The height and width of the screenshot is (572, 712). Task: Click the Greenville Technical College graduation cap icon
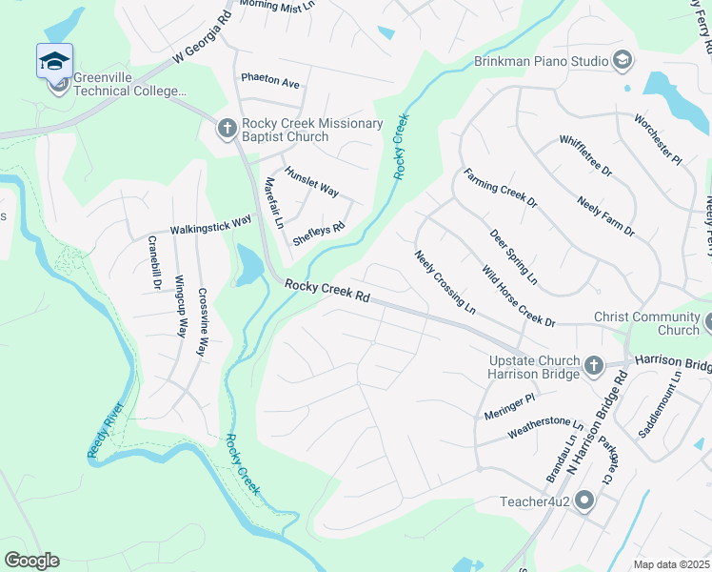coord(55,62)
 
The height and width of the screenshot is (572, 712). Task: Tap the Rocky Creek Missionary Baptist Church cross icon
coord(227,128)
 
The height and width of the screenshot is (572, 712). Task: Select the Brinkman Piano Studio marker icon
coord(622,61)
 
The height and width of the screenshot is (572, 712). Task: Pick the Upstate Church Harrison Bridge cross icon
coord(593,365)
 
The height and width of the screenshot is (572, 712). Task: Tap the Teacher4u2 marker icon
coord(583,500)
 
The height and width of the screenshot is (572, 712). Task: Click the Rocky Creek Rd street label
coord(326,291)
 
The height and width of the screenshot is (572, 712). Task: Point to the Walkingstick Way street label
coord(210,225)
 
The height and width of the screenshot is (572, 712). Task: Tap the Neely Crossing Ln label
coord(445,283)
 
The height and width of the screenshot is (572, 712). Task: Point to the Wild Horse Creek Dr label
coord(518,296)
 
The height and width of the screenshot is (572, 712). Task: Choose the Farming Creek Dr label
coord(501,189)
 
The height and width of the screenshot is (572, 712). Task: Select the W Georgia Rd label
coord(203,37)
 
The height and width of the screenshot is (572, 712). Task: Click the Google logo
coord(31,561)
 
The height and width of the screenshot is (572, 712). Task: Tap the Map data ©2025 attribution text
coord(671,564)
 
